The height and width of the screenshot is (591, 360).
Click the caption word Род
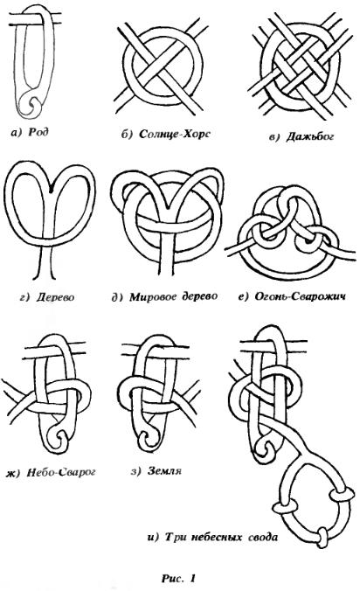pos(38,131)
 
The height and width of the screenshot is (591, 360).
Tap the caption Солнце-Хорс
pos(175,134)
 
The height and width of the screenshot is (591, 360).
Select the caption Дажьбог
pos(309,136)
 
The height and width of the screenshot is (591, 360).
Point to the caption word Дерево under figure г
pos(55,297)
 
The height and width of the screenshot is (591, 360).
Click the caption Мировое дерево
pos(174,296)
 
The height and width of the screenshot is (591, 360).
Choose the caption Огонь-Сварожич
pos(300,296)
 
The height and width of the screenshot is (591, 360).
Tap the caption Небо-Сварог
pos(61,472)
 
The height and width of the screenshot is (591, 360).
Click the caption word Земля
pos(164,470)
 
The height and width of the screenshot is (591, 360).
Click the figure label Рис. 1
pos(179,578)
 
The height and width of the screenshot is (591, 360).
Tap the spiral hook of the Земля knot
pos(146,438)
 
